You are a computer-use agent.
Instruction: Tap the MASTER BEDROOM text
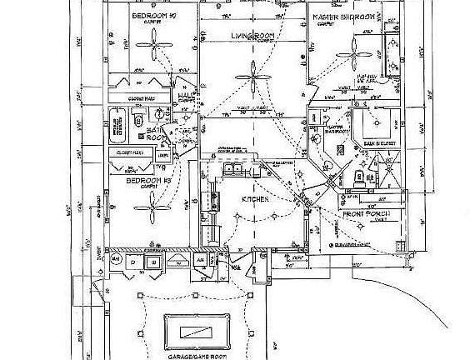pyautogui.click(x=342, y=17)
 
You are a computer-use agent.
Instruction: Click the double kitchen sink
pyautogui.click(x=232, y=170)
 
